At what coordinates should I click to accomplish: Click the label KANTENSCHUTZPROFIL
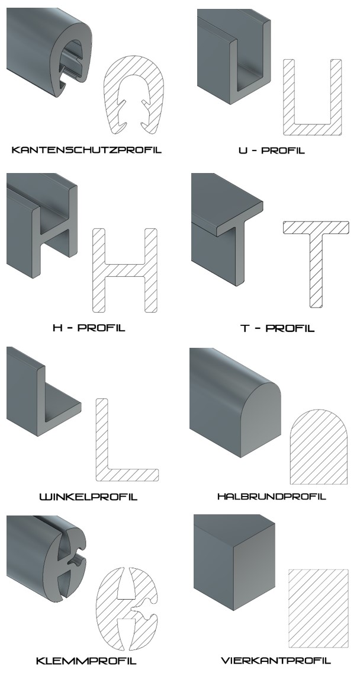(86, 150)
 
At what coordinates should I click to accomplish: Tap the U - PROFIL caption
(272, 151)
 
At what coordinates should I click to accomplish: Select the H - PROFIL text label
(89, 328)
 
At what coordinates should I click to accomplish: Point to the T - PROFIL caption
(277, 328)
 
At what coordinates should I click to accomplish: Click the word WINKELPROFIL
(89, 497)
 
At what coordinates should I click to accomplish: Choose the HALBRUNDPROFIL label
(272, 497)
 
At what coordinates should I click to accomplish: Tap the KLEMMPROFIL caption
(86, 661)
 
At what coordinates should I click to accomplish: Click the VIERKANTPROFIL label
(276, 661)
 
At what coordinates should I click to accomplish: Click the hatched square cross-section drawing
(319, 608)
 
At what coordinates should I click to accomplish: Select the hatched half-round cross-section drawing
(319, 447)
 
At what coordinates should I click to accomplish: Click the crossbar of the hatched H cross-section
(125, 270)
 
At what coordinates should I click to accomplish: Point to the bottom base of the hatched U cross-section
(312, 129)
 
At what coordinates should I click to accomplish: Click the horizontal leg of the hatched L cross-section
(133, 475)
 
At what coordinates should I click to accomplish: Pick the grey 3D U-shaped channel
(234, 56)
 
